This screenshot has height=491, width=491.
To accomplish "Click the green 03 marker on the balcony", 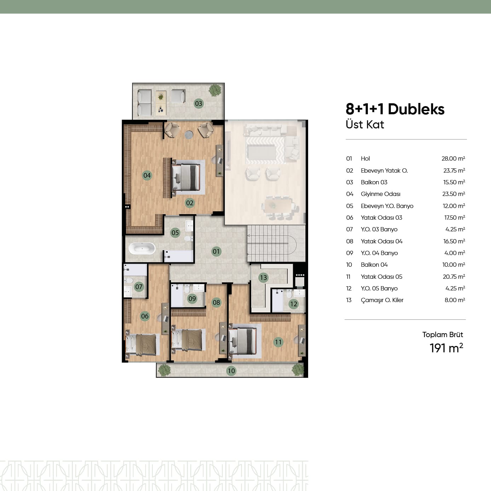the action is (198, 103).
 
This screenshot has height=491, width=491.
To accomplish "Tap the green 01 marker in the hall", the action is (216, 252).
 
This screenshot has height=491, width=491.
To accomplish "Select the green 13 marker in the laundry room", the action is (263, 277).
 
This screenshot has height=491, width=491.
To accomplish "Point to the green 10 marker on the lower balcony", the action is (231, 371).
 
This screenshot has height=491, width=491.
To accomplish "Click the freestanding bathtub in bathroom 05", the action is (141, 249).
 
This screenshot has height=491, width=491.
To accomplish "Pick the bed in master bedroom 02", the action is (186, 177).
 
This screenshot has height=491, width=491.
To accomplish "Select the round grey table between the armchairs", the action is (189, 135).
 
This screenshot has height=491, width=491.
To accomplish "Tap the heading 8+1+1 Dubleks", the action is (395, 109).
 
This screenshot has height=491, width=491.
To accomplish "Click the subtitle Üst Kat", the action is (365, 125).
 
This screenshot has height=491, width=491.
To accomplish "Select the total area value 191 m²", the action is (446, 348).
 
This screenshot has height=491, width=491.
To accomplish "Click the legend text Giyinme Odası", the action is (381, 194).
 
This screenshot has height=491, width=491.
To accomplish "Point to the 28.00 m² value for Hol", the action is (453, 158).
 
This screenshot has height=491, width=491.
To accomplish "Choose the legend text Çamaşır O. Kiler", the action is (382, 300).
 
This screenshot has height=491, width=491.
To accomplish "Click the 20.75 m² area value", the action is (454, 277).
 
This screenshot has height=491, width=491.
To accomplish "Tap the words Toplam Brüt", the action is (443, 335).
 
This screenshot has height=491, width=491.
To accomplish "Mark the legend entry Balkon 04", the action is (374, 265).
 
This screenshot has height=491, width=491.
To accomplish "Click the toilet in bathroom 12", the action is (289, 294).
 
